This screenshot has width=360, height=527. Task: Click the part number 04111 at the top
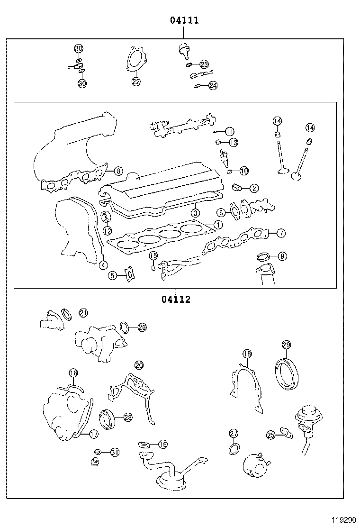[x=184, y=20]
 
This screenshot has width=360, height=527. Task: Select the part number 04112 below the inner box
[x=175, y=300]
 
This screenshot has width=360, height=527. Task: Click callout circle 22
[x=136, y=82]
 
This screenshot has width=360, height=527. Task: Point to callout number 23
[x=204, y=64]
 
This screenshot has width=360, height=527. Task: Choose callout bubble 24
[x=213, y=85]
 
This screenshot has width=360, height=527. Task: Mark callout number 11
[x=229, y=131]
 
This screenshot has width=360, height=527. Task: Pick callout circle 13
[x=233, y=142]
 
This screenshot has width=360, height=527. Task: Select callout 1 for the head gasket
[x=217, y=225]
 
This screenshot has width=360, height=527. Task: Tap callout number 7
[x=280, y=233]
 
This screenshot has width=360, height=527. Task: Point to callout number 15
[x=153, y=256]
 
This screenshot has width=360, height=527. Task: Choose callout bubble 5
[x=112, y=275]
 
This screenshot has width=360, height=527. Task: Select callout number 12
[x=108, y=230]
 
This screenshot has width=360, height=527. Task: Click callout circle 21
[x=83, y=313]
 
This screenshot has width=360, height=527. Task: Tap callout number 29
[x=286, y=345]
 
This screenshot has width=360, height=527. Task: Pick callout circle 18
[x=247, y=353]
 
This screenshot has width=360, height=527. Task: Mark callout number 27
[x=233, y=433]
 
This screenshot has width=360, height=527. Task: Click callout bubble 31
[x=115, y=452]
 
